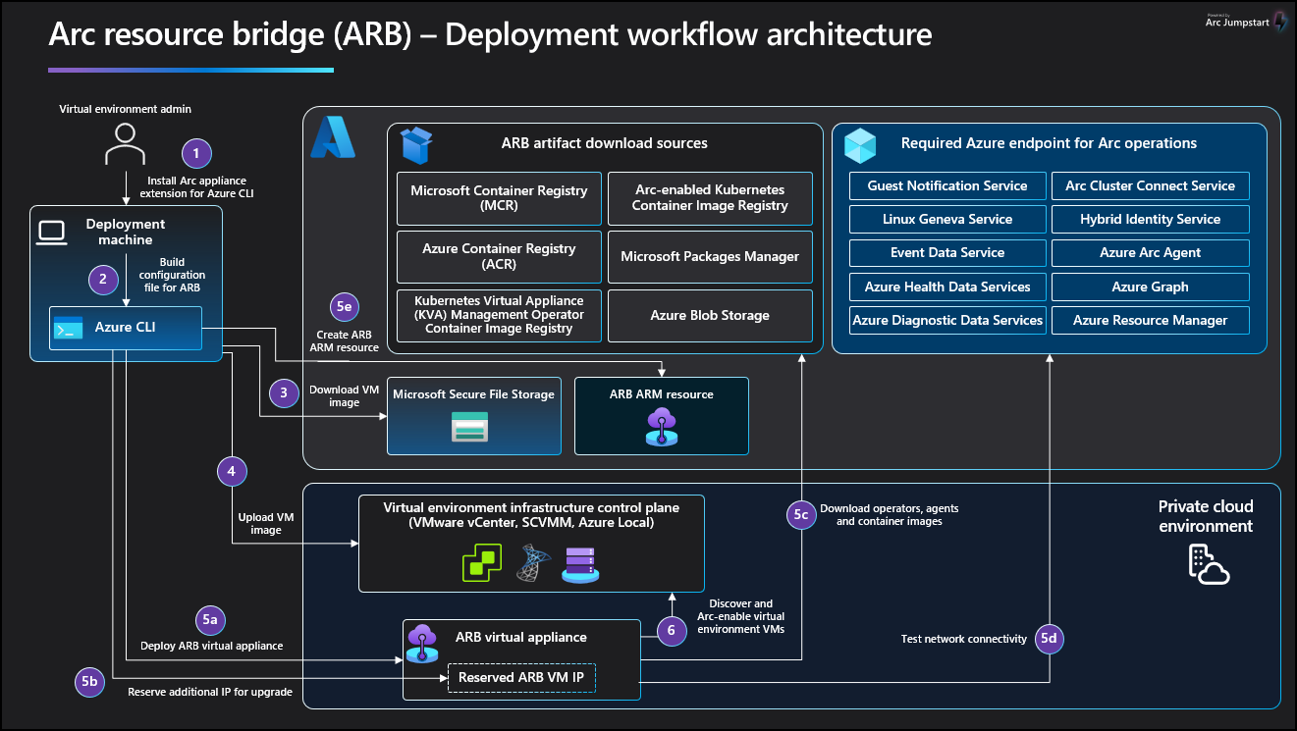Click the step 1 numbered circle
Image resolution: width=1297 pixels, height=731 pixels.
[196, 152]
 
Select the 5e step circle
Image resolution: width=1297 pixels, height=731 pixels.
[344, 307]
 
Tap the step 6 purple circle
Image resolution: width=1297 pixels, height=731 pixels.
[672, 630]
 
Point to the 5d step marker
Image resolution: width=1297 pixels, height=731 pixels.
[1050, 639]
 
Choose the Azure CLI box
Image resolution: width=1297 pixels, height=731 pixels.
[126, 328]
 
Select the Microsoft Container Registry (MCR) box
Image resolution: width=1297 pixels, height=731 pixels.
[499, 198]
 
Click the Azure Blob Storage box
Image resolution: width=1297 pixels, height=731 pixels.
[710, 316]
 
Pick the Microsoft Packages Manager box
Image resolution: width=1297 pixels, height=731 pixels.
[710, 256]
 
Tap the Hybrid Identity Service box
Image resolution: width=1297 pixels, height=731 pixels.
[1150, 219]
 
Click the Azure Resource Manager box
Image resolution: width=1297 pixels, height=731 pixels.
[1150, 320]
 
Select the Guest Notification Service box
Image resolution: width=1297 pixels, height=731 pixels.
[946, 185]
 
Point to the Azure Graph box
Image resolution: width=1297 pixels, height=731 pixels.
[1150, 287]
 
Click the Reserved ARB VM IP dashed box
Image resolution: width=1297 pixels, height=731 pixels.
[522, 677]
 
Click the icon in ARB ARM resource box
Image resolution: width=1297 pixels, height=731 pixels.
[661, 427]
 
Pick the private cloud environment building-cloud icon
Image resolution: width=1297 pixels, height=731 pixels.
[1207, 563]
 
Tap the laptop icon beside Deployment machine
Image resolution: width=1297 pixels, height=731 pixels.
[51, 232]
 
